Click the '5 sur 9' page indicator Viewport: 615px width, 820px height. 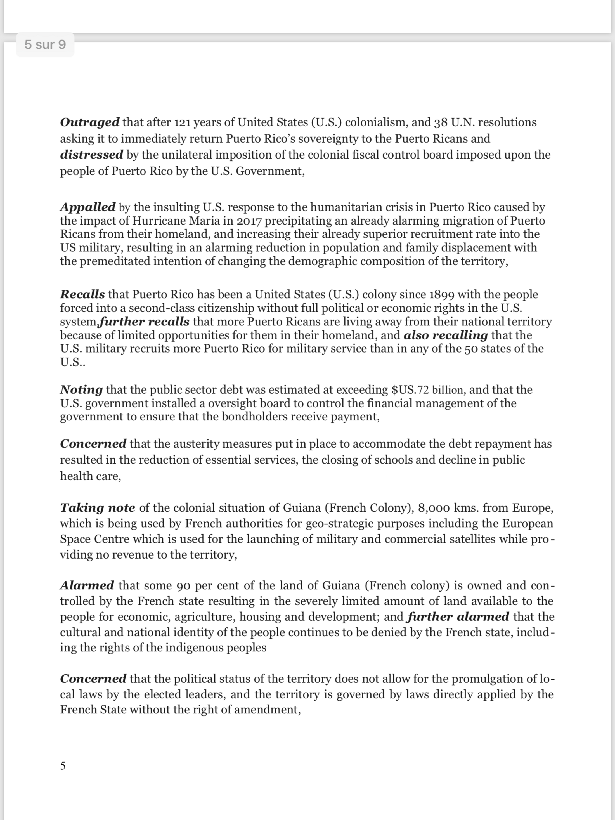pos(45,44)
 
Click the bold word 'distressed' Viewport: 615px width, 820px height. pos(92,155)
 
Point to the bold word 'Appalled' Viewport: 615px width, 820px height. pos(88,207)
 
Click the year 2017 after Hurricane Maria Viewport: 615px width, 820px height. pos(249,221)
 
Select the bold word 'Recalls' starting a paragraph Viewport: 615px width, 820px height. pos(82,294)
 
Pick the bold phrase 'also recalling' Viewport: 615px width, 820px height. pos(446,335)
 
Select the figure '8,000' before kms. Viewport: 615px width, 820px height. pos(433,507)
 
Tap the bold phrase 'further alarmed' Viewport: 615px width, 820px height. pos(458,616)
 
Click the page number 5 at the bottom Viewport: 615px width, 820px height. pos(63,765)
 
